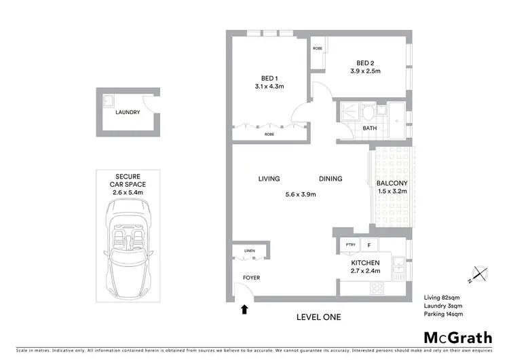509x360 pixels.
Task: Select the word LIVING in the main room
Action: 269,179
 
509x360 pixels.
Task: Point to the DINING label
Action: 331,179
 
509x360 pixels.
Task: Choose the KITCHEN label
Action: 365,263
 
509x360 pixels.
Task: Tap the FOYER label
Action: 251,278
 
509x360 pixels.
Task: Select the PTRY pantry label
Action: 350,245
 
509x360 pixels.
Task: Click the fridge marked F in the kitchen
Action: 369,245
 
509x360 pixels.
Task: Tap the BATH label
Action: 369,128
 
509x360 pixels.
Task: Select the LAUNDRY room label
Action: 128,113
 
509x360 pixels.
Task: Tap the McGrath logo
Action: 459,338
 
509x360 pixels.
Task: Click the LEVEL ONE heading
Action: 319,317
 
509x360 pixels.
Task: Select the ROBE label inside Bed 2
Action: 317,49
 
